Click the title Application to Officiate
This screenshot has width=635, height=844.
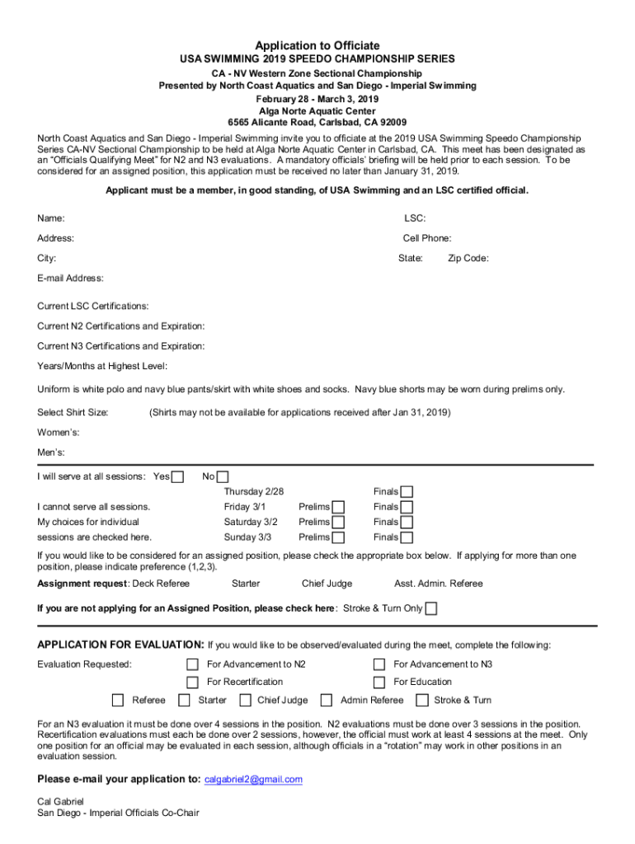[x=317, y=45]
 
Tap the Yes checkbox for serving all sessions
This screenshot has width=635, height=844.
[x=177, y=476]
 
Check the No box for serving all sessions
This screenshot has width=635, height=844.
[x=223, y=476]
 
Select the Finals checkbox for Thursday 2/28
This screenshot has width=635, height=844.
[x=407, y=492]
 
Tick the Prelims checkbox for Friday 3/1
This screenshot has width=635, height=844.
[x=338, y=507]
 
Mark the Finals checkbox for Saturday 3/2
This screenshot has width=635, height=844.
[x=407, y=522]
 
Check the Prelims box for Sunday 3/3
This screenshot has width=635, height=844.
[x=338, y=537]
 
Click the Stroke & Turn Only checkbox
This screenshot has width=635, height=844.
[x=431, y=608]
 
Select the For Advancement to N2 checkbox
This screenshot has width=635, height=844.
[x=192, y=664]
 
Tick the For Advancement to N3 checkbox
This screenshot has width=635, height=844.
[x=379, y=664]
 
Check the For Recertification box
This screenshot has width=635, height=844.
[x=192, y=682]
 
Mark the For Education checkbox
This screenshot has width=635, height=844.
[x=379, y=682]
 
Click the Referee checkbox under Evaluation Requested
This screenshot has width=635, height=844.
[x=118, y=701]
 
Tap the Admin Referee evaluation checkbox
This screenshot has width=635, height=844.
[x=327, y=701]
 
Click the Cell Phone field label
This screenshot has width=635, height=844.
[x=426, y=238]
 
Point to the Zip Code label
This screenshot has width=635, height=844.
[x=468, y=258]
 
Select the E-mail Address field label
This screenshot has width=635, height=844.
[x=70, y=278]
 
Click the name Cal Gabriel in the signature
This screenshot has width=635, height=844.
[x=60, y=800]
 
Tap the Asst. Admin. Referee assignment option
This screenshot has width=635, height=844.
[x=438, y=584]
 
